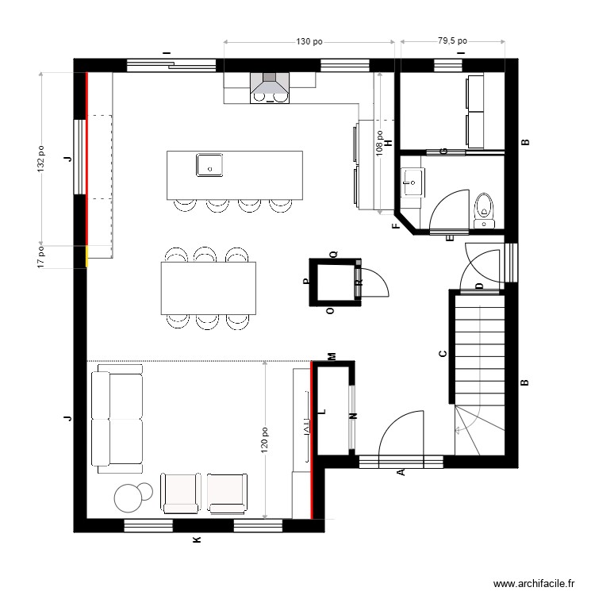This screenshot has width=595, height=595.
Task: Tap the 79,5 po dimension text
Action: tap(452, 40)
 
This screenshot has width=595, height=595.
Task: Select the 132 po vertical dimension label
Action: tap(40, 159)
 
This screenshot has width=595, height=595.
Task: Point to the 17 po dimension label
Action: tap(40, 257)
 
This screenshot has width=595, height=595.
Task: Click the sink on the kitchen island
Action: tap(209, 165)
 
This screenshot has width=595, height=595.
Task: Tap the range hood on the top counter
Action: tap(270, 88)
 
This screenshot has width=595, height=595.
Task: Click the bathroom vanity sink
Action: tap(412, 182)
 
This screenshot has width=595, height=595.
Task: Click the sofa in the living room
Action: tap(117, 418)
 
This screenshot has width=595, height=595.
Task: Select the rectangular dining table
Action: tap(209, 288)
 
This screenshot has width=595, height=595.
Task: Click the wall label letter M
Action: tap(332, 356)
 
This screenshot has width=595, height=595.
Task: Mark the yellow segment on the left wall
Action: tap(86, 257)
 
